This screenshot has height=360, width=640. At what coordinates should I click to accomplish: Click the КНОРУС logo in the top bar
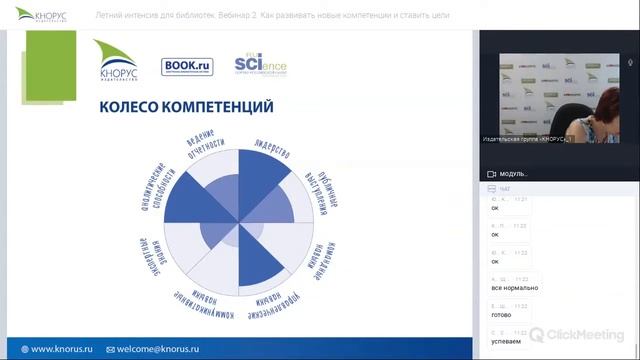[x=41, y=16]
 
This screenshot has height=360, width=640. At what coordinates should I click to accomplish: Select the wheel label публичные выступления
[x=318, y=189]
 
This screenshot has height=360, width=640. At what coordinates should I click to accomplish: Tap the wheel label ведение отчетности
[x=206, y=151]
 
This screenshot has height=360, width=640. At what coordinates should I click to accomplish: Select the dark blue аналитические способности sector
[x=195, y=200]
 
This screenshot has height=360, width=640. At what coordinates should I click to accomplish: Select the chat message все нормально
[x=515, y=288]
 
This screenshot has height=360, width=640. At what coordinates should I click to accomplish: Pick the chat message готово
[x=501, y=314]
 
